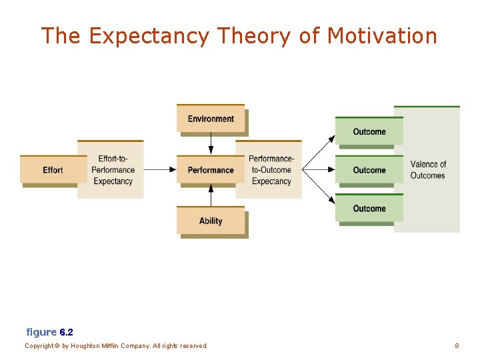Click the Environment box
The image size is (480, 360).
(x=211, y=119)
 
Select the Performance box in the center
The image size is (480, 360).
(x=211, y=170)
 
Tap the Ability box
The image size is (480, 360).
(x=211, y=221)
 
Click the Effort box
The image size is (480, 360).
(x=53, y=170)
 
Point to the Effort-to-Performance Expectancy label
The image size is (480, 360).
(x=113, y=170)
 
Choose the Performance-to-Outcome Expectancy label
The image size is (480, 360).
(x=271, y=170)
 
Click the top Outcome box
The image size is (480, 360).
(x=369, y=131)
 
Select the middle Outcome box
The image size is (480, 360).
(x=369, y=170)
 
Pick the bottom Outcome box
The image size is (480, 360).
(x=369, y=209)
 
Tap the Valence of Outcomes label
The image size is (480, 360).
(x=427, y=170)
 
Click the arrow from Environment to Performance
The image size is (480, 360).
(x=211, y=143)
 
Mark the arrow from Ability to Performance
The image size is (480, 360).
(x=211, y=195)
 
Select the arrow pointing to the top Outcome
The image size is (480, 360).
(x=320, y=151)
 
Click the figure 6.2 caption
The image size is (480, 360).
(x=50, y=331)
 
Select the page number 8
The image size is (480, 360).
(x=457, y=346)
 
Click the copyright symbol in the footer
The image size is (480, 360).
(x=57, y=346)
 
